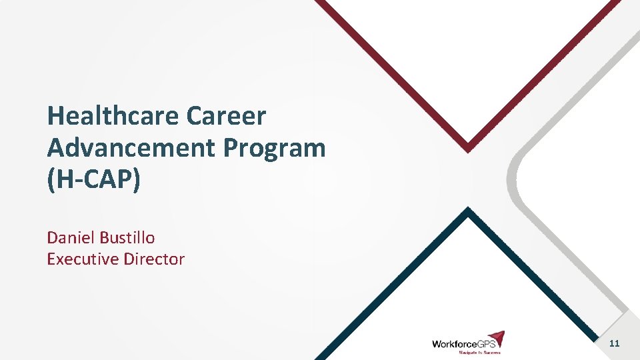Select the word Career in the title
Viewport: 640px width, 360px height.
(x=226, y=117)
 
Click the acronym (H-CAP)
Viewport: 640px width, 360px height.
(x=94, y=180)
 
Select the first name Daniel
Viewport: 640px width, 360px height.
(x=71, y=237)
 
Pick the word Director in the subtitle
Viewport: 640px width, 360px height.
(x=154, y=259)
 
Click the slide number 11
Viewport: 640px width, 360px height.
(x=614, y=343)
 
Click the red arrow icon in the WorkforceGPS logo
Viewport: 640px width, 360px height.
(x=495, y=339)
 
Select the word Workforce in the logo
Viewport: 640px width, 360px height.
(x=453, y=344)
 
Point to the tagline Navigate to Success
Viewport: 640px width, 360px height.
(x=479, y=352)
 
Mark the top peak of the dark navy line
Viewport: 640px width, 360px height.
(x=468, y=211)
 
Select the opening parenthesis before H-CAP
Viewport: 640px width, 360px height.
(x=50, y=181)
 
